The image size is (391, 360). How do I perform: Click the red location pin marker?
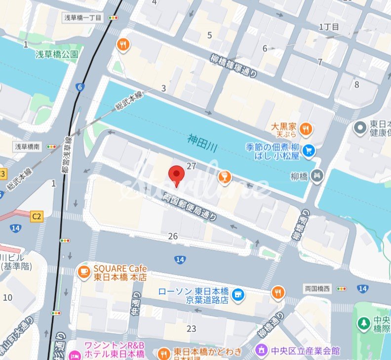[176, 175]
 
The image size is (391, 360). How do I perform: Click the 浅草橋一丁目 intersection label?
[82, 17]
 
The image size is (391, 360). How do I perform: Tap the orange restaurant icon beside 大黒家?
[306, 130]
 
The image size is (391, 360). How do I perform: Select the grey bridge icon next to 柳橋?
[317, 174]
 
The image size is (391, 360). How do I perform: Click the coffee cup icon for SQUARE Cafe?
[83, 271]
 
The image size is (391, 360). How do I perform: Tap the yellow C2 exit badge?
[37, 216]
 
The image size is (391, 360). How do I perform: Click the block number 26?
[173, 237]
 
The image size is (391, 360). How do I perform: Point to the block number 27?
[192, 166]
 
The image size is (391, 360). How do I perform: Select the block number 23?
[191, 328]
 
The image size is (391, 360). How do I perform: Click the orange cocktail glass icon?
[224, 177]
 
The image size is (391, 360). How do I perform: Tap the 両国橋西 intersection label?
[317, 288]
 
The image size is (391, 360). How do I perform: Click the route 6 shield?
[79, 87]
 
